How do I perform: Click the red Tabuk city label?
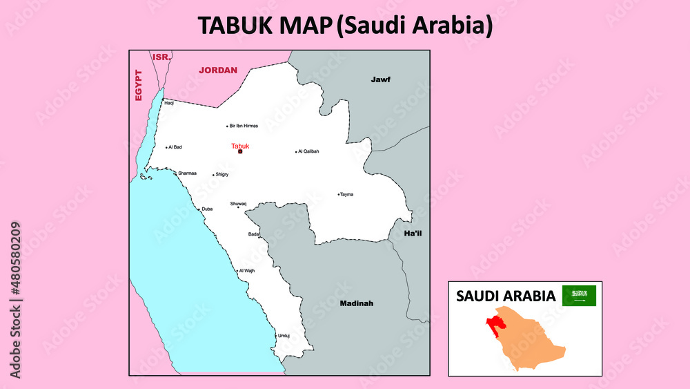click(x=240, y=146)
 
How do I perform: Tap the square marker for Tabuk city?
click(x=240, y=151)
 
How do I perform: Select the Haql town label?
click(x=169, y=103)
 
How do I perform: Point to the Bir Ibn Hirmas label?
click(x=244, y=126)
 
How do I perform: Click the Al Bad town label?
click(x=175, y=147)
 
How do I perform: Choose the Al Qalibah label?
click(x=308, y=151)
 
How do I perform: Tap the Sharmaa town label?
click(x=187, y=173)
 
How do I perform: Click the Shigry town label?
click(x=221, y=175)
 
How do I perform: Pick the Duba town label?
click(x=207, y=209)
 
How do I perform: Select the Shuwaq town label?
click(x=238, y=203)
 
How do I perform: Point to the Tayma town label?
click(x=346, y=194)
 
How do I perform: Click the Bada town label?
click(x=254, y=234)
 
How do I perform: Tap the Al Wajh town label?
click(x=247, y=271)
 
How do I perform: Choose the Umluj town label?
click(x=284, y=336)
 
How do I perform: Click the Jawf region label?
click(x=380, y=79)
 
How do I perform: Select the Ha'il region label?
click(x=413, y=234)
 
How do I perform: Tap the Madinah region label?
click(x=356, y=303)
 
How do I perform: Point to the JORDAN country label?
click(x=218, y=70)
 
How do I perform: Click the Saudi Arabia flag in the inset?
click(x=579, y=296)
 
